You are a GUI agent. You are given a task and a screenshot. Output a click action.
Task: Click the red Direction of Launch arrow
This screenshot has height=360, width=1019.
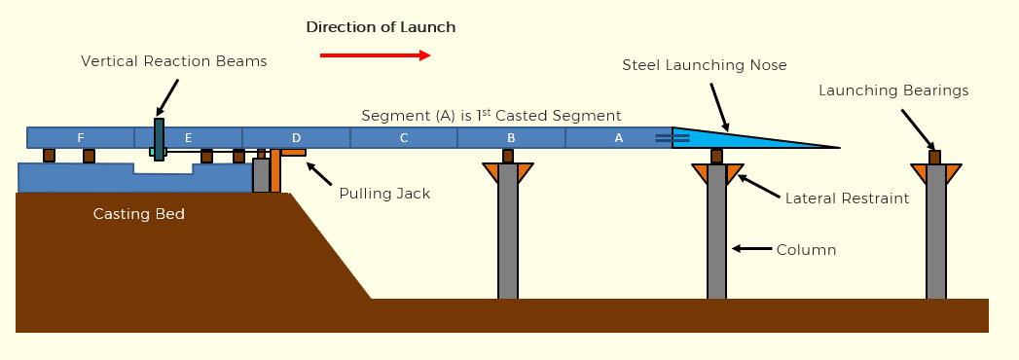375,56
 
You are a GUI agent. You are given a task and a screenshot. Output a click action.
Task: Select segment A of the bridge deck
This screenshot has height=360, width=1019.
618,138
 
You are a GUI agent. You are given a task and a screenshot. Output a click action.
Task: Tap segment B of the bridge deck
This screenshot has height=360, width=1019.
511,138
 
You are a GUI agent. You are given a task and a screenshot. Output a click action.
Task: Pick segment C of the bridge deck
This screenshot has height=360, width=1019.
403,138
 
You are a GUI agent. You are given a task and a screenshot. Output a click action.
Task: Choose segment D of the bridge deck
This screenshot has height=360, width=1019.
296,138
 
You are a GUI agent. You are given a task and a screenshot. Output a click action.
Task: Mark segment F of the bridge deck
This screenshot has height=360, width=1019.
81,137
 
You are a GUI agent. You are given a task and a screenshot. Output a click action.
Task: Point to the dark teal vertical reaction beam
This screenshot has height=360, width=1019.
159,139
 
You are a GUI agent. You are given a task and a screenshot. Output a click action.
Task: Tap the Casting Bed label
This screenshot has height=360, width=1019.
138,214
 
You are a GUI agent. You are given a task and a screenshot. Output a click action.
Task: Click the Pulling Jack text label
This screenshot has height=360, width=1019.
384,194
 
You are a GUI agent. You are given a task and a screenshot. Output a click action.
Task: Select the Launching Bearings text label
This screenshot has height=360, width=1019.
893,90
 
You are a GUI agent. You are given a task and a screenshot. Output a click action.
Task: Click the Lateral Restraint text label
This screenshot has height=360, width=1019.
847,198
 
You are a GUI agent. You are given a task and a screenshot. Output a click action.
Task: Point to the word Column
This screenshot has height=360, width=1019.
806,250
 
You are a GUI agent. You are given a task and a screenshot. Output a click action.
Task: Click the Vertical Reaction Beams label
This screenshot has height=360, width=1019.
173,61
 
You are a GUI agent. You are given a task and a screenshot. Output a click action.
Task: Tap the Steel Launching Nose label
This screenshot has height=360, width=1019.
705,65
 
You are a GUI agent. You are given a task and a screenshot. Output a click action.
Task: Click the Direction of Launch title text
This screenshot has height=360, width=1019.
381,27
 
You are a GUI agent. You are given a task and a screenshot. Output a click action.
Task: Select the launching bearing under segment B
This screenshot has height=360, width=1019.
508,156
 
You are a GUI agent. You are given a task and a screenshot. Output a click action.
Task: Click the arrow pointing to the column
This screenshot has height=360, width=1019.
750,249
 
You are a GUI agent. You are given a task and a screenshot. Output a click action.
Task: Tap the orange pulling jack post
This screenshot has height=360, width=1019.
276,171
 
